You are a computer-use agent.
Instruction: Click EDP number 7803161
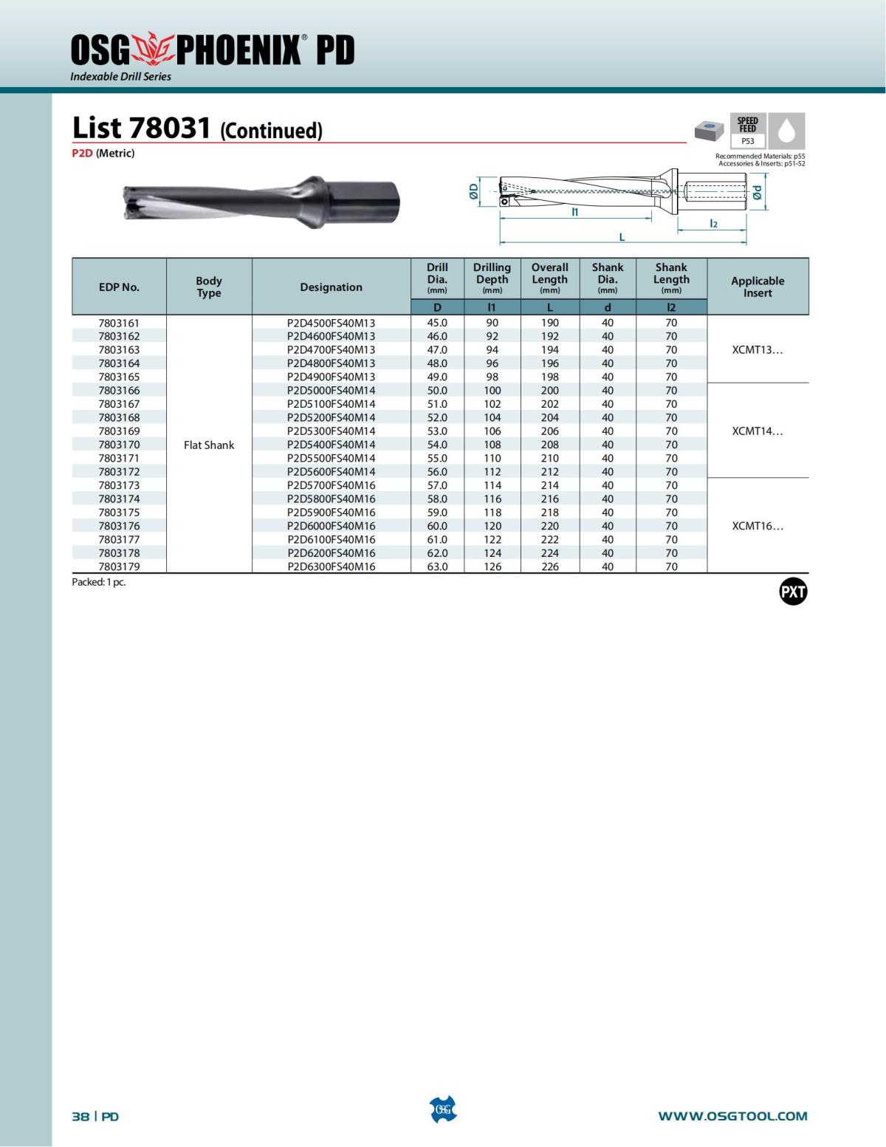(x=119, y=323)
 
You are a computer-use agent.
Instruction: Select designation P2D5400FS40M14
(x=331, y=445)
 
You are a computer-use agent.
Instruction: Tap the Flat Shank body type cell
(x=209, y=445)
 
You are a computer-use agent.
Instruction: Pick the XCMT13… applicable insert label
(x=758, y=350)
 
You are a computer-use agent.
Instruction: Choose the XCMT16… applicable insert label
(x=758, y=526)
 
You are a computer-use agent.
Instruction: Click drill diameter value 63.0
(x=437, y=566)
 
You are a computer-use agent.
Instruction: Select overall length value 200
(x=549, y=391)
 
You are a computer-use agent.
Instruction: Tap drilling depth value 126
(x=492, y=566)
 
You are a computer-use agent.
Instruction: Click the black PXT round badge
(x=793, y=592)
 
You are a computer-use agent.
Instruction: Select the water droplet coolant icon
(x=787, y=131)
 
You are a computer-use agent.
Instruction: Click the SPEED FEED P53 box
(x=748, y=131)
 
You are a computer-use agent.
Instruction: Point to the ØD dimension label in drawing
(x=474, y=191)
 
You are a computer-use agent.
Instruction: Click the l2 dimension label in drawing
(x=713, y=223)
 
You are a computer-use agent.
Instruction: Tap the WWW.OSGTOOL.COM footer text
(x=732, y=1116)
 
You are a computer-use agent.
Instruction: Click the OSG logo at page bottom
(x=443, y=1109)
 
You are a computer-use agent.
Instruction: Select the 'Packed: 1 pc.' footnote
(x=99, y=582)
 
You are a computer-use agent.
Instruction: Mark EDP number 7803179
(x=119, y=566)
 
